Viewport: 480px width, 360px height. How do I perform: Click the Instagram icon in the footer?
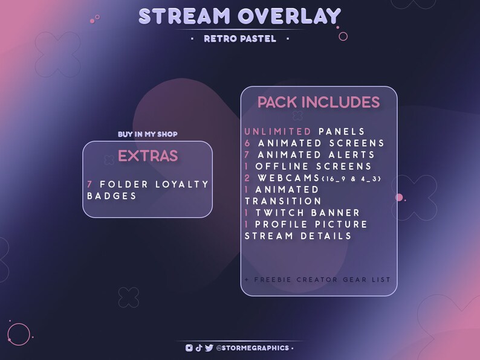click(x=189, y=348)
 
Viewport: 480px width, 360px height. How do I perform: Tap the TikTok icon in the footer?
click(x=199, y=348)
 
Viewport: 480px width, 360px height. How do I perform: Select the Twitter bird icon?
click(x=209, y=348)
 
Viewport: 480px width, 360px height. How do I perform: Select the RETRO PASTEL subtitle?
click(x=240, y=39)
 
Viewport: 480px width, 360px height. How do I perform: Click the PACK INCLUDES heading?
click(x=319, y=102)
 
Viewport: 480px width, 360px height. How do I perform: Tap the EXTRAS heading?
click(x=148, y=156)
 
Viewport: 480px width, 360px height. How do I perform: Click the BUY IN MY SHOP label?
click(x=148, y=134)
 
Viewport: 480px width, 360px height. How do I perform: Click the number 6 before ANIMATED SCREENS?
click(x=248, y=143)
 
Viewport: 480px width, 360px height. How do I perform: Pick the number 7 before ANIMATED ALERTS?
click(x=248, y=155)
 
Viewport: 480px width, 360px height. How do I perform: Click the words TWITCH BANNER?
click(x=308, y=213)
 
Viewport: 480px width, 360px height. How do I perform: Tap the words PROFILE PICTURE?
click(x=311, y=224)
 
